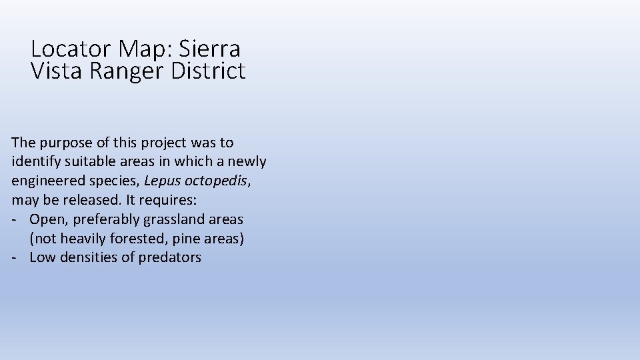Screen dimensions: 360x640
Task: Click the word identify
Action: (x=33, y=161)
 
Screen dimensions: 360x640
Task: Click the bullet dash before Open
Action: (x=15, y=219)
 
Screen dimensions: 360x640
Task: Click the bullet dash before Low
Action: (x=15, y=257)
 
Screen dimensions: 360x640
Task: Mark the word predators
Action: (x=169, y=257)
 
